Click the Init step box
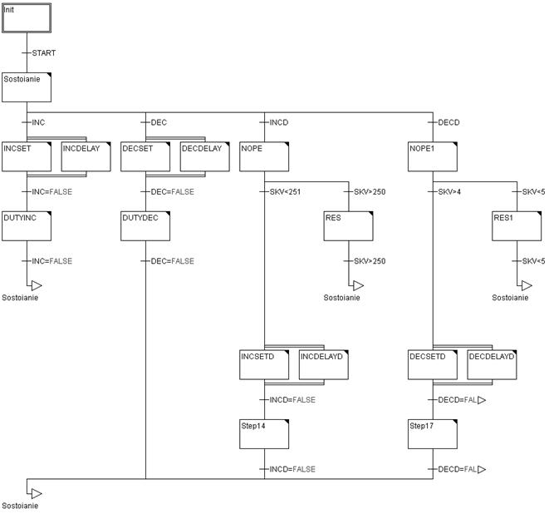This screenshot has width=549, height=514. click(27, 17)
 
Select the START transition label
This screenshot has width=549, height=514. click(43, 53)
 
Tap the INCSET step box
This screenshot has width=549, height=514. click(27, 156)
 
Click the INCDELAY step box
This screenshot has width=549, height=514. click(86, 156)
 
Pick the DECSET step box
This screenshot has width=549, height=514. click(145, 156)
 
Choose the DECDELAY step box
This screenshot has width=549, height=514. click(204, 156)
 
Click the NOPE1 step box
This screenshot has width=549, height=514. click(432, 156)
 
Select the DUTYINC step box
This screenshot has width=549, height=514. click(27, 225)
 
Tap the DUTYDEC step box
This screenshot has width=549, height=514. click(145, 225)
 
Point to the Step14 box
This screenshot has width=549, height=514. click(264, 433)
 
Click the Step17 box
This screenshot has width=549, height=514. click(432, 433)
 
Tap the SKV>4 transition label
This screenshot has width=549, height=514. click(449, 192)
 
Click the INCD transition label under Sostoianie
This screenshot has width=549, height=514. click(278, 122)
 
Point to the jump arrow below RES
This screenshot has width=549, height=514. click(357, 285)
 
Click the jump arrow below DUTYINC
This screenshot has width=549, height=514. click(36, 285)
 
